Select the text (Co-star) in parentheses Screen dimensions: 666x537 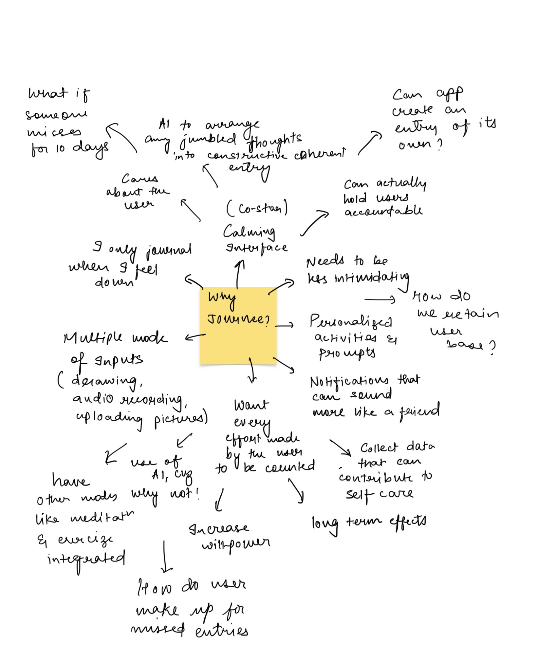(257, 209)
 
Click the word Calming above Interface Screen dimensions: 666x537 (249, 232)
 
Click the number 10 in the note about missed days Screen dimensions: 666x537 (60, 148)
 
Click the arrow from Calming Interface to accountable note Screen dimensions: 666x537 (314, 223)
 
